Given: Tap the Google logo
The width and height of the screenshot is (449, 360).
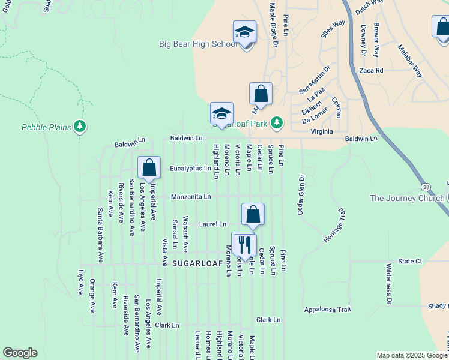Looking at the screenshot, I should coord(20,352).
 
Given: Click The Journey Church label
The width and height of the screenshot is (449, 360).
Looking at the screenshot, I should coord(407,199).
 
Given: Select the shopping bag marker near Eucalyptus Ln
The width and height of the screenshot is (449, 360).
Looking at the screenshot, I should coord(149,169).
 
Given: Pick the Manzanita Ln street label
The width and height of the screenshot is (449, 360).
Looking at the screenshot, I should coord(191,196).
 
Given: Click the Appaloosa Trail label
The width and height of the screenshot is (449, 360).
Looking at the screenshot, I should coord(327,310).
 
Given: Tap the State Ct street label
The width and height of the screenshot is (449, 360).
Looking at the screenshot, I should coord(411,262).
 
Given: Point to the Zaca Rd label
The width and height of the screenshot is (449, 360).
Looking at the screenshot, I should coord(371,70).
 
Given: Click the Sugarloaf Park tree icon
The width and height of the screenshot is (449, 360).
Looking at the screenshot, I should coord(276,123).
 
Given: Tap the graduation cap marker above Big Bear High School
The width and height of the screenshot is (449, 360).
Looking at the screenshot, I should coord(244,32).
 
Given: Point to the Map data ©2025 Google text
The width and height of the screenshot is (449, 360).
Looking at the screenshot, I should coord(412,355).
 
